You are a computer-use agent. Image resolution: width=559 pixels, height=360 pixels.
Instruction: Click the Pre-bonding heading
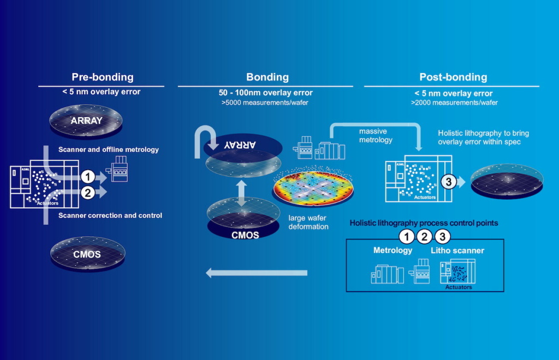tap(102, 77)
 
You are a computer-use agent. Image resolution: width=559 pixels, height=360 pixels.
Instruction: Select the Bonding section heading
tap(267, 77)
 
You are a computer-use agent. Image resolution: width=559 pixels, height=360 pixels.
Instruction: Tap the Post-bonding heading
tap(453, 77)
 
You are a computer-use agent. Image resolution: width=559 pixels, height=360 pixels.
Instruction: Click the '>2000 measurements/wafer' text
tap(454, 102)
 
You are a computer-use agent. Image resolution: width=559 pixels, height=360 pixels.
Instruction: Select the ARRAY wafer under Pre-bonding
tap(86, 121)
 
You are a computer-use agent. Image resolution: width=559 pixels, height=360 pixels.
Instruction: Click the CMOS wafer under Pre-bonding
tap(87, 254)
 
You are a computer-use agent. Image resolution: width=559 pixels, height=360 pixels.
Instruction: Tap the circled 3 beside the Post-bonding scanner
tap(448, 183)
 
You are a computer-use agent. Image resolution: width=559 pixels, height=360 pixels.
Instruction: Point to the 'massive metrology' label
tap(376, 136)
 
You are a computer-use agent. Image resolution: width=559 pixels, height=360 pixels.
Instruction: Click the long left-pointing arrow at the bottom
tap(256, 273)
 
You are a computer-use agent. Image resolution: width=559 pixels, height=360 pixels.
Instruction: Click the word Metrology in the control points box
tap(393, 250)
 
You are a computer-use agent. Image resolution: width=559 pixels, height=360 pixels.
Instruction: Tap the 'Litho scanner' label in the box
tap(457, 250)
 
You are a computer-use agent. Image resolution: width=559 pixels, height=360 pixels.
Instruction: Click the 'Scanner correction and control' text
tap(110, 215)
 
